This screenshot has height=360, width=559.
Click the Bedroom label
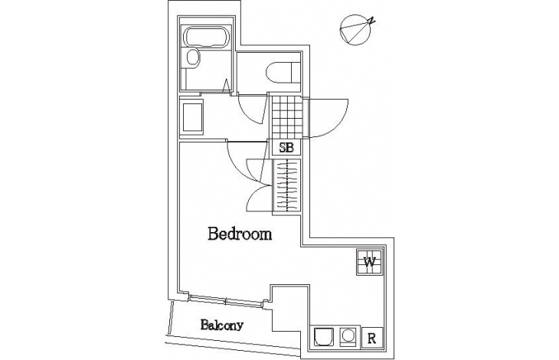pyautogui.click(x=240, y=234)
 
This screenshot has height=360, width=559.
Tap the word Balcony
pyautogui.click(x=222, y=325)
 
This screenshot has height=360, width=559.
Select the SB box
pyautogui.click(x=286, y=147)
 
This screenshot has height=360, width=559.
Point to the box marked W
pyautogui.click(x=369, y=262)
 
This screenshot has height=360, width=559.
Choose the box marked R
pyautogui.click(x=372, y=337)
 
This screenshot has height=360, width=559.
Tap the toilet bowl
pyautogui.click(x=279, y=73)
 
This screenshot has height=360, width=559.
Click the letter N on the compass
pyautogui.click(x=371, y=21)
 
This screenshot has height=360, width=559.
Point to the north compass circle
pyautogui.click(x=355, y=30)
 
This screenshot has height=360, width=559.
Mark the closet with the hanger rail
pyautogui.click(x=286, y=185)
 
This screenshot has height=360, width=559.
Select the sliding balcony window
pyautogui.click(x=226, y=301)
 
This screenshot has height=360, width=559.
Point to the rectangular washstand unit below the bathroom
pyautogui.click(x=192, y=117)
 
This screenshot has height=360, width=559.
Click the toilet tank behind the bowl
pyautogui.click(x=296, y=73)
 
